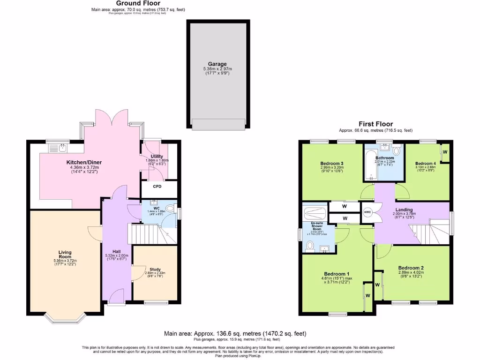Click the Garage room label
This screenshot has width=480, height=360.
click(x=217, y=64)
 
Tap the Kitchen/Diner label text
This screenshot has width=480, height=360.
click(x=84, y=163)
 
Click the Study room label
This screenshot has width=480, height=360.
click(x=155, y=270)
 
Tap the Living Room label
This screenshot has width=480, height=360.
click(x=65, y=254)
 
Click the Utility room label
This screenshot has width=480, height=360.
click(x=157, y=157)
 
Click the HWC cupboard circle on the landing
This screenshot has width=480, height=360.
click(x=367, y=212)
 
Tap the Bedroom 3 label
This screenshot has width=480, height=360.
click(x=332, y=163)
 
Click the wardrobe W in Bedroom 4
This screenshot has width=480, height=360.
click(x=445, y=152)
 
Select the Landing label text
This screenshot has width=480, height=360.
click(x=404, y=210)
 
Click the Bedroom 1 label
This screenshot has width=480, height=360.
click(x=337, y=274)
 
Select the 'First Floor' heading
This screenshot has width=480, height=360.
click(x=375, y=124)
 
